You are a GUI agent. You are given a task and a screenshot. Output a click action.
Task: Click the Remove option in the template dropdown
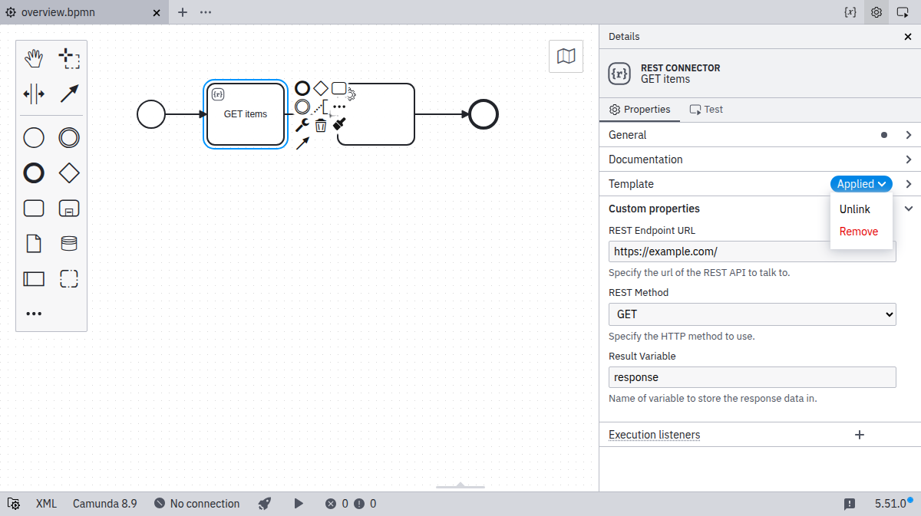point(859,232)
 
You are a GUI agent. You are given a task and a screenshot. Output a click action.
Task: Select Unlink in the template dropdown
point(854,209)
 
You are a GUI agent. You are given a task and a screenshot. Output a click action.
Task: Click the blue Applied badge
point(861,184)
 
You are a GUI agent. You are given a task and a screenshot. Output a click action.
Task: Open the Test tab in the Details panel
point(706,110)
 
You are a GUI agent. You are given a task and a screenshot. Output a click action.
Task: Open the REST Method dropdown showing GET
point(752,314)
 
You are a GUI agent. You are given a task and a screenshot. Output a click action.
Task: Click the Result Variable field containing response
point(752,377)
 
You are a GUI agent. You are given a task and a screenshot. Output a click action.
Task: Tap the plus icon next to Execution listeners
point(860,435)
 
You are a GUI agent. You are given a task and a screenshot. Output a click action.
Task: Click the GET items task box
point(246,114)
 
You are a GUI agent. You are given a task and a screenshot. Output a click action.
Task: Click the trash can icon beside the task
point(321,125)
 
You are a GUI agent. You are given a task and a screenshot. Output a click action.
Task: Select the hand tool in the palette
point(34,58)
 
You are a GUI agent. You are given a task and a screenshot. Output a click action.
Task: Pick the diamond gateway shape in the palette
point(69,173)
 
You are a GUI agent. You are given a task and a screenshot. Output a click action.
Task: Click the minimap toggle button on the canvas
point(566,56)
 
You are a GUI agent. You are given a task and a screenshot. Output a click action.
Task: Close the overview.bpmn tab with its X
point(157,13)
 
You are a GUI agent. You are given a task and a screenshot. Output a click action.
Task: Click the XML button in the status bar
point(46,504)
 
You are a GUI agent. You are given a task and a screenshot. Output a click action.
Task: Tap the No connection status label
point(204,504)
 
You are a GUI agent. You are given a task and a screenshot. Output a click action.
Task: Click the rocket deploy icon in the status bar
point(265,504)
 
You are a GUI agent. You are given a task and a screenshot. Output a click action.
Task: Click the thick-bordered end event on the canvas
point(484,114)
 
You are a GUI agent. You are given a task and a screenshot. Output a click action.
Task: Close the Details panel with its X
point(908,37)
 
